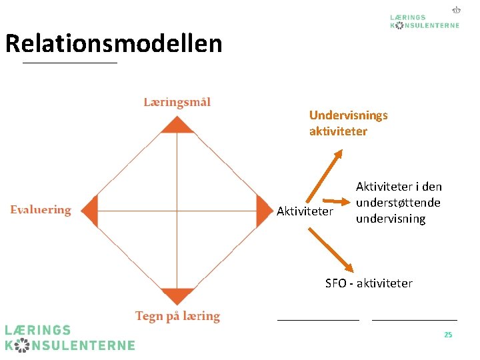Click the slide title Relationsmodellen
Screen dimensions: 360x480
point(113,44)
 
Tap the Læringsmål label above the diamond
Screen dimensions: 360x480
point(177,102)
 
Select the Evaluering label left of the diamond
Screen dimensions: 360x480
point(41,210)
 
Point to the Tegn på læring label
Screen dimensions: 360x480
point(177,316)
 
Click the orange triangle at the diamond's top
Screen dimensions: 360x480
point(177,125)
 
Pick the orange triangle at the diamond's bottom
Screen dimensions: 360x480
point(177,295)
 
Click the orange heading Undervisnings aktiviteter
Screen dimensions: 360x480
point(348,123)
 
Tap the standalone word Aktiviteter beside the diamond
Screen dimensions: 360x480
point(305,211)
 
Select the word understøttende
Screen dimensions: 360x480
point(398,203)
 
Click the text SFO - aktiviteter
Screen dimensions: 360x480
point(369,283)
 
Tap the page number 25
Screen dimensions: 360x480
point(448,335)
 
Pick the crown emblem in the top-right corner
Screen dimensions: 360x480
point(457,10)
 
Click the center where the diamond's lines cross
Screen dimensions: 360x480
point(177,211)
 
